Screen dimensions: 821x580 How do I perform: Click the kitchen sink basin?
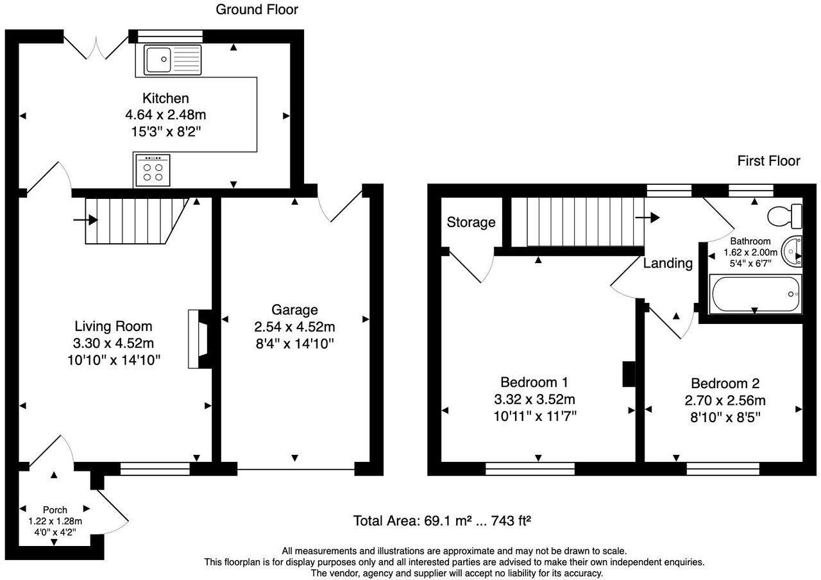(158, 60)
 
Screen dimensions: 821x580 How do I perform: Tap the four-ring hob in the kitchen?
(153, 170)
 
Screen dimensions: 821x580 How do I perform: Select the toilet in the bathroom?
(784, 216)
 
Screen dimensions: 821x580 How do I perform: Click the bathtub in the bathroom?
(756, 294)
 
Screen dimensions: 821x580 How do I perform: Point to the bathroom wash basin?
(791, 252)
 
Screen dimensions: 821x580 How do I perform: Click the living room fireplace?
(200, 339)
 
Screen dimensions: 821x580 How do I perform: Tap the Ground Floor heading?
(257, 10)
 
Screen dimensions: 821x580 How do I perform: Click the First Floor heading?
(768, 160)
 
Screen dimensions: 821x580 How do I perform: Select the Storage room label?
(471, 222)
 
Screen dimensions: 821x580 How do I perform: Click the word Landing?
(668, 263)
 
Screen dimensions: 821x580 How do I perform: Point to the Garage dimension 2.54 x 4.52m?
(294, 327)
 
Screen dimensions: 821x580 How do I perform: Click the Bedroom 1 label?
(534, 382)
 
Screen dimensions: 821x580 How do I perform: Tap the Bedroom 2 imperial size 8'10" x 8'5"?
(725, 418)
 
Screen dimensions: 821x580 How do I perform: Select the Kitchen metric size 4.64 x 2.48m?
(165, 115)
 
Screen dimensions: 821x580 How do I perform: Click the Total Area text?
(442, 520)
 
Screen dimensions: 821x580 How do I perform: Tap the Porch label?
(55, 510)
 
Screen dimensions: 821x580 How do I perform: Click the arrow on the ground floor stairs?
(85, 220)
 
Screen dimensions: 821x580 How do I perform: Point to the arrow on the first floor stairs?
(647, 217)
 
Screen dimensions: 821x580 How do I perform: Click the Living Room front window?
(155, 469)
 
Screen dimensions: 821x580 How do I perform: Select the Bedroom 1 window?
(530, 469)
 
